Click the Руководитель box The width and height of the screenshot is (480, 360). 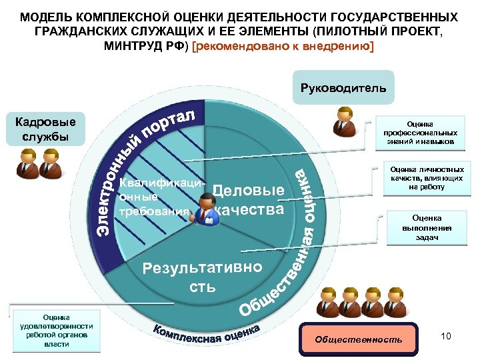(x=343, y=89)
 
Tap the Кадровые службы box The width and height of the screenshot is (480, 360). (x=45, y=129)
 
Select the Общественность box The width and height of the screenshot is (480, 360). (x=359, y=340)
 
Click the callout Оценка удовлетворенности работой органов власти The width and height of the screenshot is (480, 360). (x=57, y=329)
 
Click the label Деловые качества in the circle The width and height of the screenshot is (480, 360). (x=248, y=199)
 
